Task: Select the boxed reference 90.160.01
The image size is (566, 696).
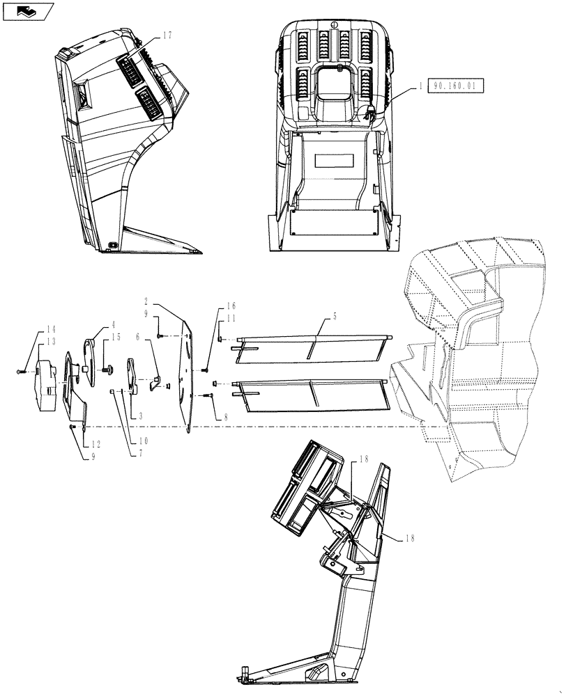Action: point(455,86)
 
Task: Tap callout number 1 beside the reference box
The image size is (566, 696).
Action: point(421,86)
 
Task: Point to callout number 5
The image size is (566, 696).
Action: point(334,317)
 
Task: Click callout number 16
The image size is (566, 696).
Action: point(231,306)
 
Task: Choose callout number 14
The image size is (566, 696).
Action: point(51,329)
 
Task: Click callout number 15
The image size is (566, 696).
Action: point(116,337)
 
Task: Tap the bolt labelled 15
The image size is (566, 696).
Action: point(108,369)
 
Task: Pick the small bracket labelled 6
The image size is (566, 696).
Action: point(156,380)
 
